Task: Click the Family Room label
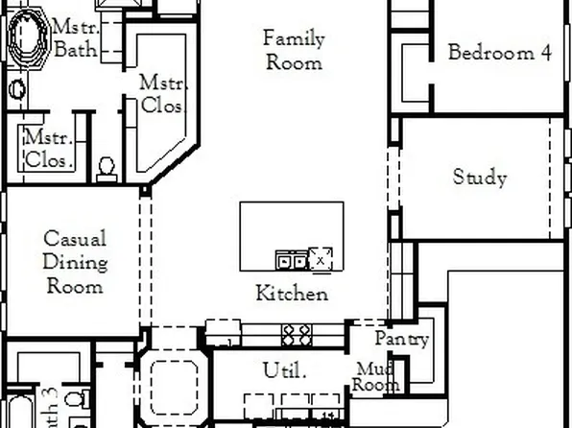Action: click(294, 51)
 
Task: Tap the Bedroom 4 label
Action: click(499, 53)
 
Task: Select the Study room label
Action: click(480, 178)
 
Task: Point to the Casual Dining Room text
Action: click(75, 262)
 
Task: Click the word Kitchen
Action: click(292, 294)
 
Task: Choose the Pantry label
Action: click(401, 340)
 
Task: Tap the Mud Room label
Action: click(376, 377)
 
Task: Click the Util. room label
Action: click(284, 369)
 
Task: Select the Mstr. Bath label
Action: click(75, 38)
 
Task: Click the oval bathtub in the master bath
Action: click(27, 35)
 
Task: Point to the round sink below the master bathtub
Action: click(18, 89)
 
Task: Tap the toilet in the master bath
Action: click(107, 167)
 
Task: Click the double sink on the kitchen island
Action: click(291, 259)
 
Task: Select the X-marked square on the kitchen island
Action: click(321, 258)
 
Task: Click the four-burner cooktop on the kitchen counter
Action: click(297, 334)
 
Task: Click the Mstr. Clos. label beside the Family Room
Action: click(162, 93)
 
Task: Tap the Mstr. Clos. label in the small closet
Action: click(48, 150)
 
